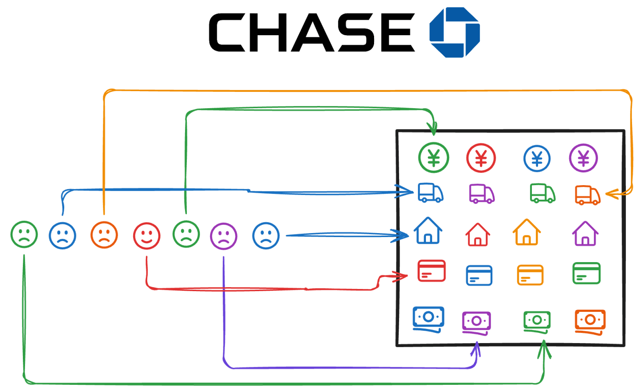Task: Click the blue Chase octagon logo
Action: click(x=455, y=32)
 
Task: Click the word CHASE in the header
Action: click(x=312, y=32)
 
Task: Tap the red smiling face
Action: click(x=146, y=236)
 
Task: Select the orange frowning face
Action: click(x=104, y=235)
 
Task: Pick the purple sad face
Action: click(x=224, y=236)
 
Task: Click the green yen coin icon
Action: click(x=433, y=157)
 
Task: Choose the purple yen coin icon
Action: click(x=583, y=157)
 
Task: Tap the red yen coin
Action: click(x=481, y=158)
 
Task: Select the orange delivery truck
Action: click(x=588, y=195)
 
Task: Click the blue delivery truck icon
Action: click(x=430, y=193)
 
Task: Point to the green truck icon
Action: click(x=542, y=193)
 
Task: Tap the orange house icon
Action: click(x=527, y=232)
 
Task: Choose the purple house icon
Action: click(x=585, y=233)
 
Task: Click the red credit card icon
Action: click(x=431, y=270)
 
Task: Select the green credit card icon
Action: click(x=586, y=273)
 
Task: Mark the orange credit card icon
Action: click(x=530, y=275)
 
